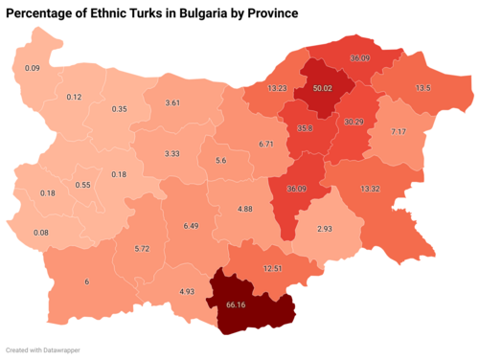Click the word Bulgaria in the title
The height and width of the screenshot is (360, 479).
tap(198, 14)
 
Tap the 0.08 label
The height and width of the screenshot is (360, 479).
tap(40, 232)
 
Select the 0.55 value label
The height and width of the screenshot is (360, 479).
tap(82, 185)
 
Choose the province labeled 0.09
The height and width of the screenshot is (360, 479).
tap(32, 68)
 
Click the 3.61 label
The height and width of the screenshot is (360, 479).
tap(173, 101)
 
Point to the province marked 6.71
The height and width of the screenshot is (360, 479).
tap(266, 144)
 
